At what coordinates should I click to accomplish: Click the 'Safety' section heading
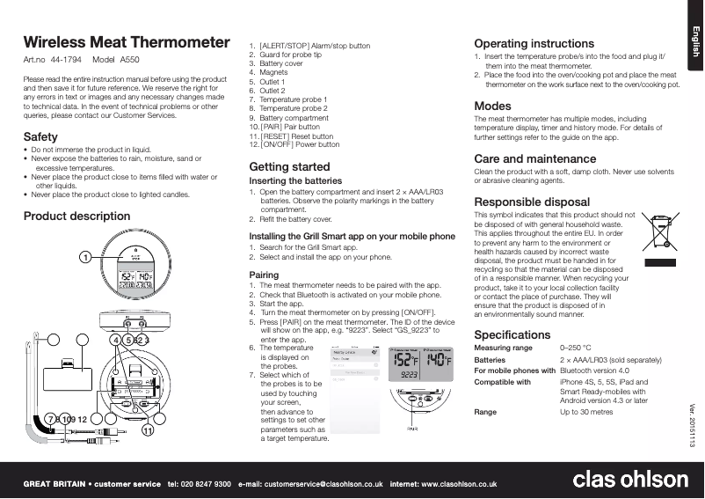click(40, 136)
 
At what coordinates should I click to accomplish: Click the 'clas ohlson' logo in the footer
click(630, 480)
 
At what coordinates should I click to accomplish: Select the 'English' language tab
click(693, 41)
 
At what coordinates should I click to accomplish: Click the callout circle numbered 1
click(84, 257)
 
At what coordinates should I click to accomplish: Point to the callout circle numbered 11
click(148, 431)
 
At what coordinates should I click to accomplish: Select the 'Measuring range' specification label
click(504, 349)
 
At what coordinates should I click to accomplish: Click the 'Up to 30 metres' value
click(586, 412)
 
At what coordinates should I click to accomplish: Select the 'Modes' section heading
click(492, 106)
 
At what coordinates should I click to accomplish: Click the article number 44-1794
click(67, 60)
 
